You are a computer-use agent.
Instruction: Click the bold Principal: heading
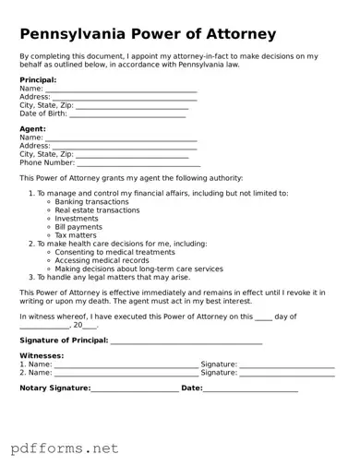pos(38,80)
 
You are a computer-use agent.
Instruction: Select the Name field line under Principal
pos(120,90)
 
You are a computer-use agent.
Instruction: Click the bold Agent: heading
pos(32,129)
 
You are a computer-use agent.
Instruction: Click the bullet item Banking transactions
pos(91,202)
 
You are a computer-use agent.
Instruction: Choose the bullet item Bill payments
pos(78,227)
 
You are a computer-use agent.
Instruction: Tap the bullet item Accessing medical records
pos(102,260)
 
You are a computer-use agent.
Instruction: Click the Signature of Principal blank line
pos(186,341)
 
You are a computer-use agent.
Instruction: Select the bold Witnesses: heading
pos(42,355)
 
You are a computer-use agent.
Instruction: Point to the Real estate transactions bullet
pos(97,210)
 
